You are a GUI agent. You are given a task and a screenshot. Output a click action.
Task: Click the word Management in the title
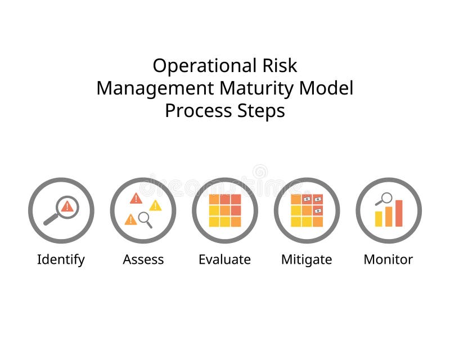coord(155,88)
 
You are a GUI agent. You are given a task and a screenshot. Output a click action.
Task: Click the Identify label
coord(61,259)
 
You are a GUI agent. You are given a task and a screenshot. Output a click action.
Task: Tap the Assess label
coord(143,259)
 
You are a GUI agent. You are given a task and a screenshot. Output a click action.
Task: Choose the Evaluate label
coord(224,259)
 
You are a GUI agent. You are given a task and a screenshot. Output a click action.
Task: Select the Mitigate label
coord(307,259)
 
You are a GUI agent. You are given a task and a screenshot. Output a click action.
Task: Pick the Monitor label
coord(388,259)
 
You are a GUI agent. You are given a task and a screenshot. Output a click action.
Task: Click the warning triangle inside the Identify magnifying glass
coord(67,206)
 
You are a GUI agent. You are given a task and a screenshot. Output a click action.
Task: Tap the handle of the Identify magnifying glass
coord(51,219)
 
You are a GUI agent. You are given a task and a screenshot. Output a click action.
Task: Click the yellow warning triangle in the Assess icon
coord(155,206)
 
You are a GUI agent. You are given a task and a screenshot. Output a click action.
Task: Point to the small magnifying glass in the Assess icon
coord(145,218)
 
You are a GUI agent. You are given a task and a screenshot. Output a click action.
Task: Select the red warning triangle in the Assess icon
coord(136,198)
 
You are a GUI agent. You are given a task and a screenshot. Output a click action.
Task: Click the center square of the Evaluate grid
coord(225,210)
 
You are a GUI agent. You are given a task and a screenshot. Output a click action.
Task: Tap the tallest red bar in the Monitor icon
coord(399,213)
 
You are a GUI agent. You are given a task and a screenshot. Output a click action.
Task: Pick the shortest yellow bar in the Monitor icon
coord(379,219)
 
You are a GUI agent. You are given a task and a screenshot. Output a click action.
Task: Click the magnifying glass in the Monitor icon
coord(385,199)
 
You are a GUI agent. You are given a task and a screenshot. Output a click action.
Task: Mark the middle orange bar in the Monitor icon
coord(389,217)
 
